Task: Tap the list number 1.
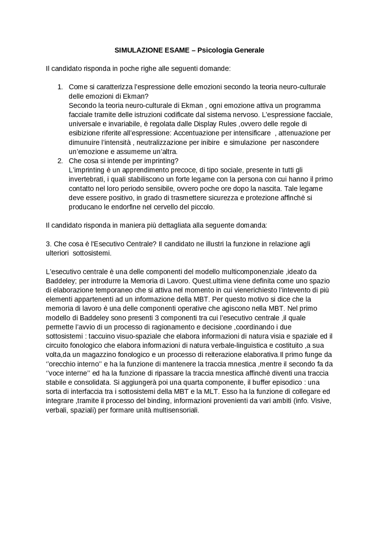tap(60, 87)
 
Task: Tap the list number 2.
tap(60, 161)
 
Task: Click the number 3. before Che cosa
tap(49, 244)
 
